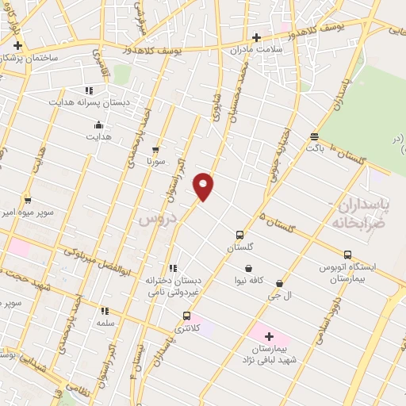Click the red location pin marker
pos(204,186)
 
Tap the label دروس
pos(155,218)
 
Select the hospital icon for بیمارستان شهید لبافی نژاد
pos(268,336)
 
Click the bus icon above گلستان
pos(239,235)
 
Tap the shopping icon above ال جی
pos(279,282)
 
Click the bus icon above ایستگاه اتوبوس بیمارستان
pos(347,254)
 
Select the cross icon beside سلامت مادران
pos(255,36)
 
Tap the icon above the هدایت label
pos(98,124)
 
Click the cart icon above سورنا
pos(155,148)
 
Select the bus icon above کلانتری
pos(186,316)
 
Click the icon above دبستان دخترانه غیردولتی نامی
pos(173,268)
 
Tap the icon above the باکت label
pos(315,136)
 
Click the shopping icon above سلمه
pos(106,312)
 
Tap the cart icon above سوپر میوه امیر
pos(28,200)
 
